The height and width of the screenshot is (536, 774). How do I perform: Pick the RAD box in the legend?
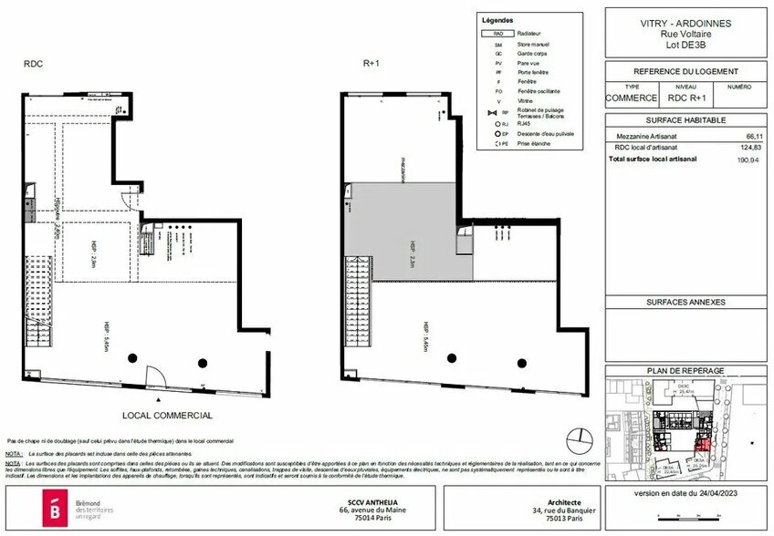pos(497,33)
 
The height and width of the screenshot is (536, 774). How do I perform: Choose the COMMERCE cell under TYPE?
pos(632,98)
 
